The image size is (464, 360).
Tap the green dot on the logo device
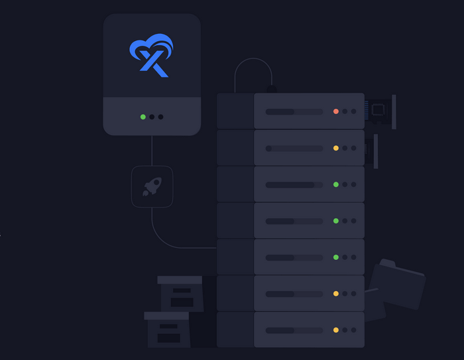[x=143, y=117]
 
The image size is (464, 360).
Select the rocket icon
[x=152, y=186]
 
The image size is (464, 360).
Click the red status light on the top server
[x=336, y=111]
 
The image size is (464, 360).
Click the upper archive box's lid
[x=180, y=280]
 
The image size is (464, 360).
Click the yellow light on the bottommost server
[x=336, y=330]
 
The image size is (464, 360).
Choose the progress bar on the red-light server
[x=294, y=111]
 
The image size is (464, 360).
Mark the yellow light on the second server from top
[x=336, y=148]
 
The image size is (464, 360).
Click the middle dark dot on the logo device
[x=152, y=117]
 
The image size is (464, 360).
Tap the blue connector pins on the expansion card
[x=366, y=110]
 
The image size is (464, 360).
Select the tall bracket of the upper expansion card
[x=394, y=111]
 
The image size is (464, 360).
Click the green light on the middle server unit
[x=336, y=220]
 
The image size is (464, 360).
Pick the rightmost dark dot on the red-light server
[x=354, y=111]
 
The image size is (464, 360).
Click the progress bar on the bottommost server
[x=294, y=330]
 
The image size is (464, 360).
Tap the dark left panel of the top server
[x=235, y=111]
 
